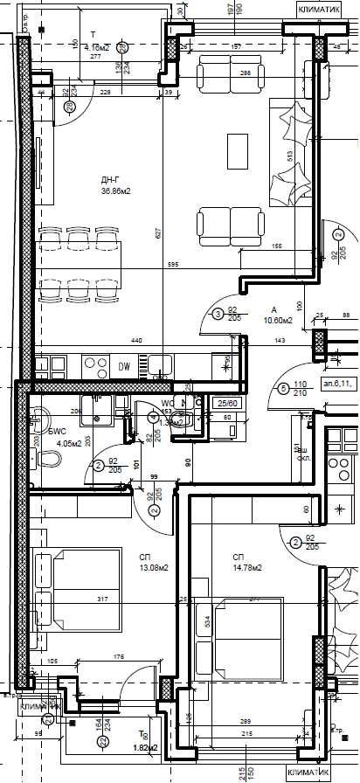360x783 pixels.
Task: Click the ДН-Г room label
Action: (x=109, y=181)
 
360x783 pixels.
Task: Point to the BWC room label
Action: (x=58, y=432)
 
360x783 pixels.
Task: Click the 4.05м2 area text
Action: (x=70, y=443)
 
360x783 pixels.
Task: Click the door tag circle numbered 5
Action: (x=283, y=390)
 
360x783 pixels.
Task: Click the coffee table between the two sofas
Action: (x=238, y=149)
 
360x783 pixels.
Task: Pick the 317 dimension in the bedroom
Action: (x=102, y=599)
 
